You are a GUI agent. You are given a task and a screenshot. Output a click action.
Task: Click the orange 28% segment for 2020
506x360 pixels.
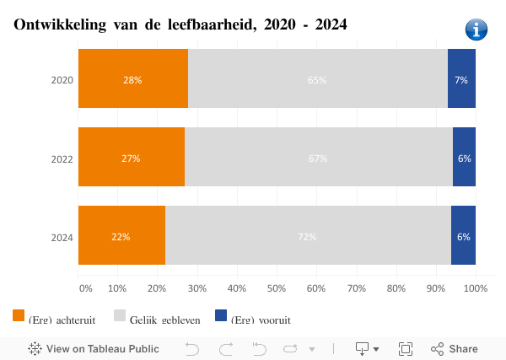point(132,79)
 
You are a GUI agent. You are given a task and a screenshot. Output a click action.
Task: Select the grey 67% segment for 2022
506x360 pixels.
point(318,158)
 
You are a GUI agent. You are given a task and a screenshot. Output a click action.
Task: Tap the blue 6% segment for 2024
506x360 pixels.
point(463,236)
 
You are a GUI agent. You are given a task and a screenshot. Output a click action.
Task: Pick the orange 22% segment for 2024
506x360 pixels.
point(121,236)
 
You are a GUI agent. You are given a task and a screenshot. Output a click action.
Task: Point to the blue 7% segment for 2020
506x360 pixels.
point(461,79)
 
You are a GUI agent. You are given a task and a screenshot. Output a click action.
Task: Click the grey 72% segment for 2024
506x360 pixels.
point(307,236)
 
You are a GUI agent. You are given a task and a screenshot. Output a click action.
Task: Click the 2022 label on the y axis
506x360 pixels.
point(62,159)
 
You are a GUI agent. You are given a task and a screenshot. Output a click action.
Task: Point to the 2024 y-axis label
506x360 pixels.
point(62,237)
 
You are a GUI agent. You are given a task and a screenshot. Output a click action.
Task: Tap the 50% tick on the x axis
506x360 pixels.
point(277,289)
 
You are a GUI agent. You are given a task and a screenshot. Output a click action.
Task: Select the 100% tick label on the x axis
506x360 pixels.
point(476,289)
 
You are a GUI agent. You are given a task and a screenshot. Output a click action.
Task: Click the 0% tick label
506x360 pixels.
point(85,289)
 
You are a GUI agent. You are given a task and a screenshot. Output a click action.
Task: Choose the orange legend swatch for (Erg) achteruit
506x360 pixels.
point(19,316)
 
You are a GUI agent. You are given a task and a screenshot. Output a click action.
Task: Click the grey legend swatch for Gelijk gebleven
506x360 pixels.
point(120,316)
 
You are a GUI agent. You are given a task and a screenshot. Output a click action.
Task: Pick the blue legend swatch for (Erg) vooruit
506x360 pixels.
point(221,316)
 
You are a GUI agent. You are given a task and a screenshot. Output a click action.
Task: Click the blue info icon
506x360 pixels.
point(476,30)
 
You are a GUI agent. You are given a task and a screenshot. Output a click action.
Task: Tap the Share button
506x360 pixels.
point(455,349)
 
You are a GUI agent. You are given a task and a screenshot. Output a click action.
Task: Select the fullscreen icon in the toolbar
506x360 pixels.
point(405,349)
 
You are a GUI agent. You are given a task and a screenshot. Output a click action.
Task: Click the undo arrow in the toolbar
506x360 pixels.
point(192,349)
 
